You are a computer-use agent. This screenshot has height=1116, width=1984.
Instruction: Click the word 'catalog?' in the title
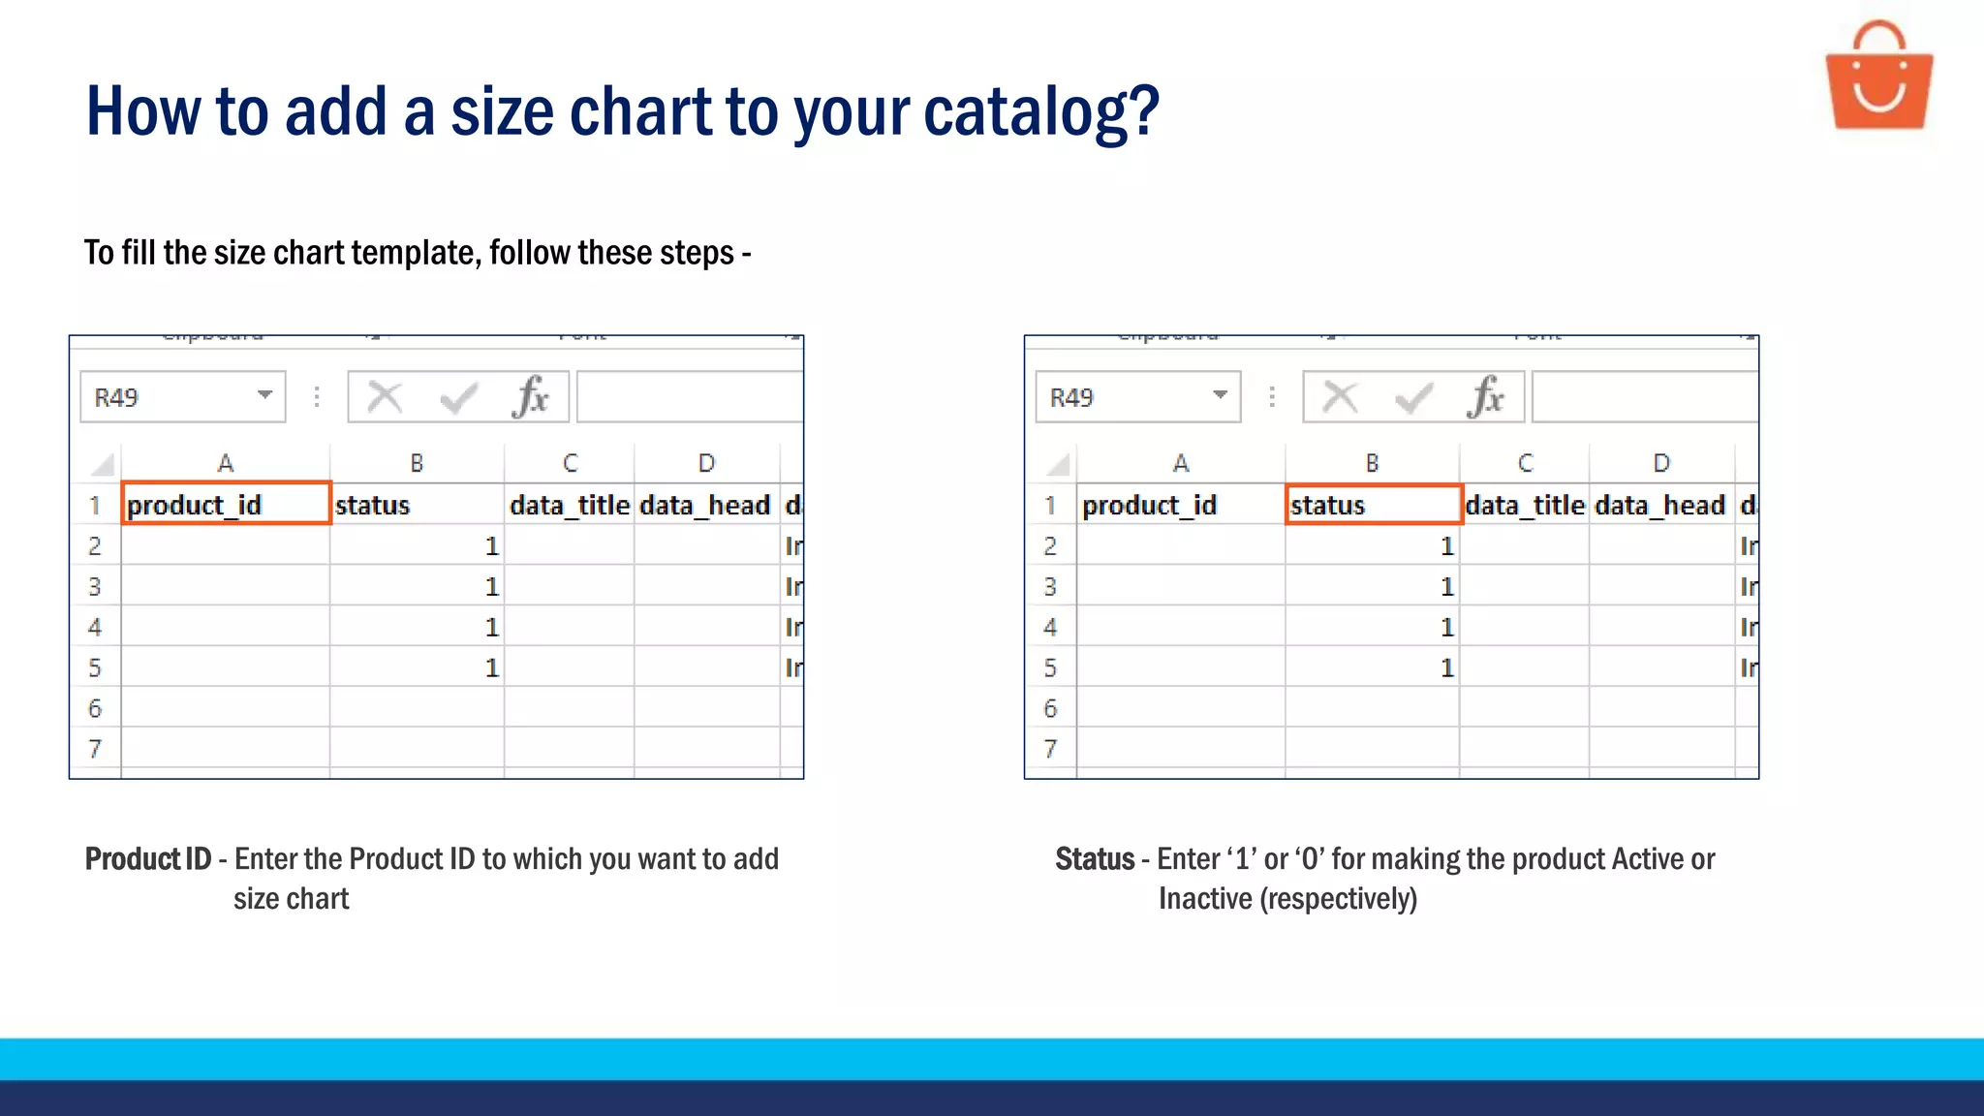click(x=1040, y=111)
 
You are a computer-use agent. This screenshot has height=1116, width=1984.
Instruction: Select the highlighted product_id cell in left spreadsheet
click(x=226, y=504)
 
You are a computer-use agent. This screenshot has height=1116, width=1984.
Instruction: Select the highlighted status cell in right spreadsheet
click(x=1372, y=504)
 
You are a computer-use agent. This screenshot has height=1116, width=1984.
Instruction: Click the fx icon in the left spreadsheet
click(x=531, y=396)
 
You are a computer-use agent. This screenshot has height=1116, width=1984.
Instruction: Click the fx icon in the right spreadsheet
click(x=1486, y=396)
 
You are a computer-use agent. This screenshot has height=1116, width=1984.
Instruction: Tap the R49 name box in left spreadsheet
click(x=165, y=397)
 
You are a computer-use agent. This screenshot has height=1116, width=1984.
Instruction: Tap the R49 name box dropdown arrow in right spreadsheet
click(x=1220, y=395)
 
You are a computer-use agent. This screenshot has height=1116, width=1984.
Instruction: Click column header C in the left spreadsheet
click(x=570, y=463)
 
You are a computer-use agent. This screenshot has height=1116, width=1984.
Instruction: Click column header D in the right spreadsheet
click(x=1660, y=463)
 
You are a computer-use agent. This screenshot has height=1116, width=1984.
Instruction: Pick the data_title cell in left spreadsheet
click(x=570, y=505)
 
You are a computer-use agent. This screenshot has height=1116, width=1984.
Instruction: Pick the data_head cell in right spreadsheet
click(x=1659, y=505)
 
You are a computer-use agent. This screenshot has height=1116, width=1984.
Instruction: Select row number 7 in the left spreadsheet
click(x=95, y=749)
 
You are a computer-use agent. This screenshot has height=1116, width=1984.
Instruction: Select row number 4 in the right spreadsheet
click(x=1050, y=627)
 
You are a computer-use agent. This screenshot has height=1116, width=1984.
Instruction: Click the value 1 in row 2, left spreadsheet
click(x=491, y=546)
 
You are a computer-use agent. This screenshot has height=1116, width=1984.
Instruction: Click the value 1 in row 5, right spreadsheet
click(x=1446, y=668)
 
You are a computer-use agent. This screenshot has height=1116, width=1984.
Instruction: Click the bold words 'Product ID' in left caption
click(x=147, y=859)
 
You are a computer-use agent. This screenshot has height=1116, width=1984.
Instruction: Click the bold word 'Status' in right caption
click(x=1094, y=859)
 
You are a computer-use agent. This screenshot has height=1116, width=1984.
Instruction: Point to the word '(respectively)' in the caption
click(x=1338, y=899)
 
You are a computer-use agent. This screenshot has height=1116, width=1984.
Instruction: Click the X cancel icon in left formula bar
click(x=385, y=396)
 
